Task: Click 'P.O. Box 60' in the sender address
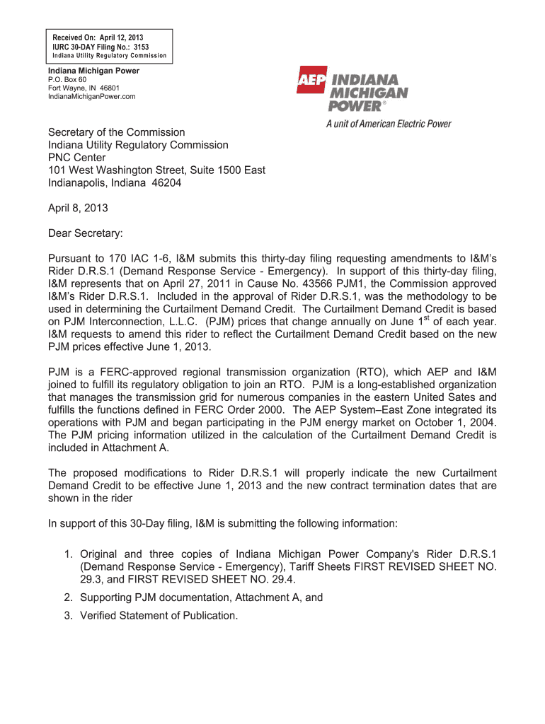click(x=67, y=80)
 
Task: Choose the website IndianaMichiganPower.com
click(x=91, y=97)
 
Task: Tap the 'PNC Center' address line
click(x=76, y=158)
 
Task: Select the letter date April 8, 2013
click(x=78, y=208)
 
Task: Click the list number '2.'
click(x=69, y=597)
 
